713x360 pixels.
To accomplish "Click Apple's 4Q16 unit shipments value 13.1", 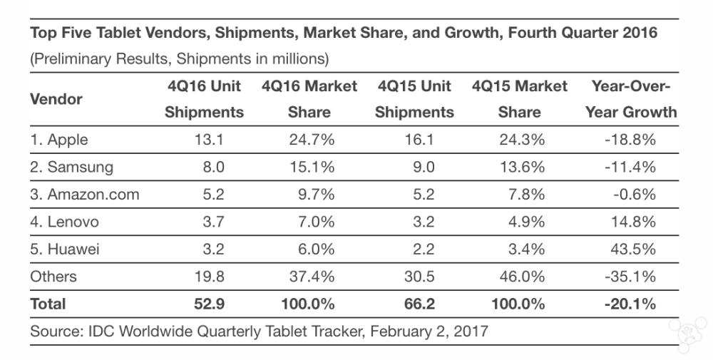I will [209, 140].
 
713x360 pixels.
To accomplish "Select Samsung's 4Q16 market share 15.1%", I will [311, 167].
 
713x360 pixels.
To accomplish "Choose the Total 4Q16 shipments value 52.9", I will [209, 304].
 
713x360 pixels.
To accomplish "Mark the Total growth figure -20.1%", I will [630, 304].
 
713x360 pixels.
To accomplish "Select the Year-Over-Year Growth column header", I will [630, 99].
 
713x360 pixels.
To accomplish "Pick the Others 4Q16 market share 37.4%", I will [311, 276].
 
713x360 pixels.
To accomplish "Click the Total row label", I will [48, 304].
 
